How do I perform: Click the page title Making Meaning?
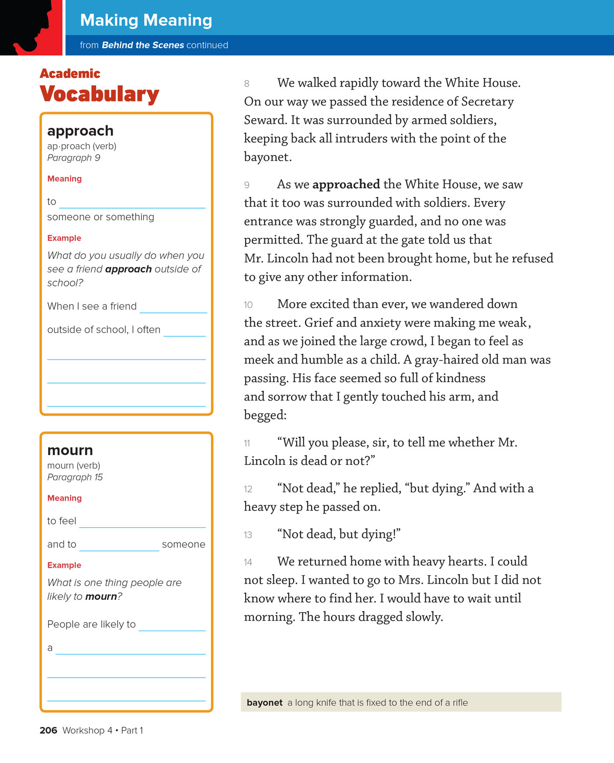point(146,20)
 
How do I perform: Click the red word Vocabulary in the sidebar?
point(99,94)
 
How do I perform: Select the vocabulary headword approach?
point(80,131)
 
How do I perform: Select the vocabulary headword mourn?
point(70,451)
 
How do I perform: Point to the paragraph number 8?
point(247,84)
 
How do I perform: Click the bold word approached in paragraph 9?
point(346,185)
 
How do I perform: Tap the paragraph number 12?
point(248,489)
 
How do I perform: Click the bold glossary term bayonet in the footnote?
point(265,703)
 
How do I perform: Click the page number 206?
point(48,730)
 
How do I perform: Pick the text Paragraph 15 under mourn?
point(75,477)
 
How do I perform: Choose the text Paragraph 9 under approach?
point(74,158)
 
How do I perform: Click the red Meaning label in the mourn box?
point(64,498)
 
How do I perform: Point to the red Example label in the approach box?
point(64,238)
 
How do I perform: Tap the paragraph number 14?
point(248,563)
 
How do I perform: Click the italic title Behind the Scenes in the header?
point(143,45)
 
